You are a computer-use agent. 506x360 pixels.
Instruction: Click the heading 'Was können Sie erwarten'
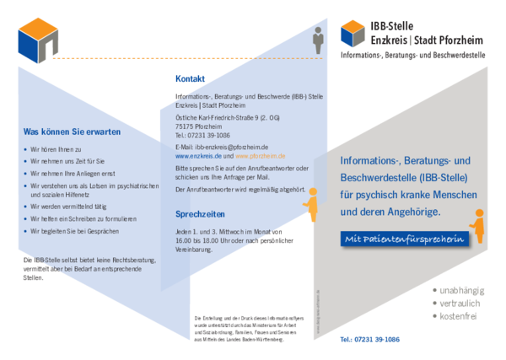[72, 132]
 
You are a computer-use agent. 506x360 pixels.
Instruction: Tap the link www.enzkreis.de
[198, 156]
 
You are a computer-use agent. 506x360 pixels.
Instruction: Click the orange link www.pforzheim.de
[261, 156]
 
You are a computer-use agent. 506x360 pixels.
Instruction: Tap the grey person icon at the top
[318, 39]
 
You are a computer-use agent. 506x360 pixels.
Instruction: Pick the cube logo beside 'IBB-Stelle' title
[353, 34]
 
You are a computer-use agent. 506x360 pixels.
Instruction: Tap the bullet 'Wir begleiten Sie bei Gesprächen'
[81, 230]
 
